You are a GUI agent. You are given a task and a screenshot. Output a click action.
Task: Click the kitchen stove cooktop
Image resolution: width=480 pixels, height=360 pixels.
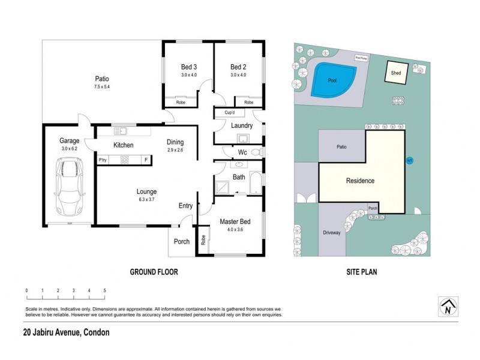[125, 160]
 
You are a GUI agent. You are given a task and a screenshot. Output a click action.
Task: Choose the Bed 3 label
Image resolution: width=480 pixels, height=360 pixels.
[189, 67]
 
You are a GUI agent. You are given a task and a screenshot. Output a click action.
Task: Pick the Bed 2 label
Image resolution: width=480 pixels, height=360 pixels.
[239, 67]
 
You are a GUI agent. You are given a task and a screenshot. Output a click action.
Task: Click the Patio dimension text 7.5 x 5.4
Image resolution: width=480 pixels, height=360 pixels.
[101, 87]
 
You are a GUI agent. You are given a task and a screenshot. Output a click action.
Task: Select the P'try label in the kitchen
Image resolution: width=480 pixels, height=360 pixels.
[103, 160]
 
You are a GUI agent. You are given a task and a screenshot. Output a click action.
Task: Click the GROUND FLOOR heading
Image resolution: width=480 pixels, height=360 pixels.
[154, 272]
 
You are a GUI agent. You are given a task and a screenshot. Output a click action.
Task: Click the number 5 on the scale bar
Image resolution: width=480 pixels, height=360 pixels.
[105, 290]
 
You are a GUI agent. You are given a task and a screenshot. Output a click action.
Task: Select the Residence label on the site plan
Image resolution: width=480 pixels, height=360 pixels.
[360, 181]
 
